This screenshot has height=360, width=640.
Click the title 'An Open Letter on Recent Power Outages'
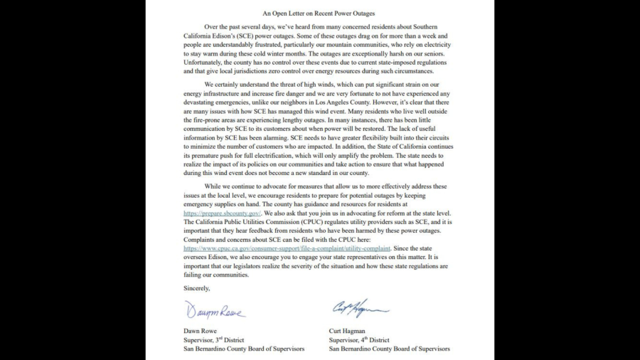tap(319, 14)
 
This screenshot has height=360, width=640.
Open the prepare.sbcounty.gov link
tap(223, 213)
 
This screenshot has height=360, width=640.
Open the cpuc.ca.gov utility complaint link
tap(287, 248)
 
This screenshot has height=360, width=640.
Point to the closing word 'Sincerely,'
tap(197, 288)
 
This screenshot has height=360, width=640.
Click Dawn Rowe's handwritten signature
tap(214, 311)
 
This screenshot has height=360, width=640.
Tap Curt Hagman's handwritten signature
tap(360, 308)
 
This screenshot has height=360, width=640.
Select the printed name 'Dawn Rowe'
tap(201, 331)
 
